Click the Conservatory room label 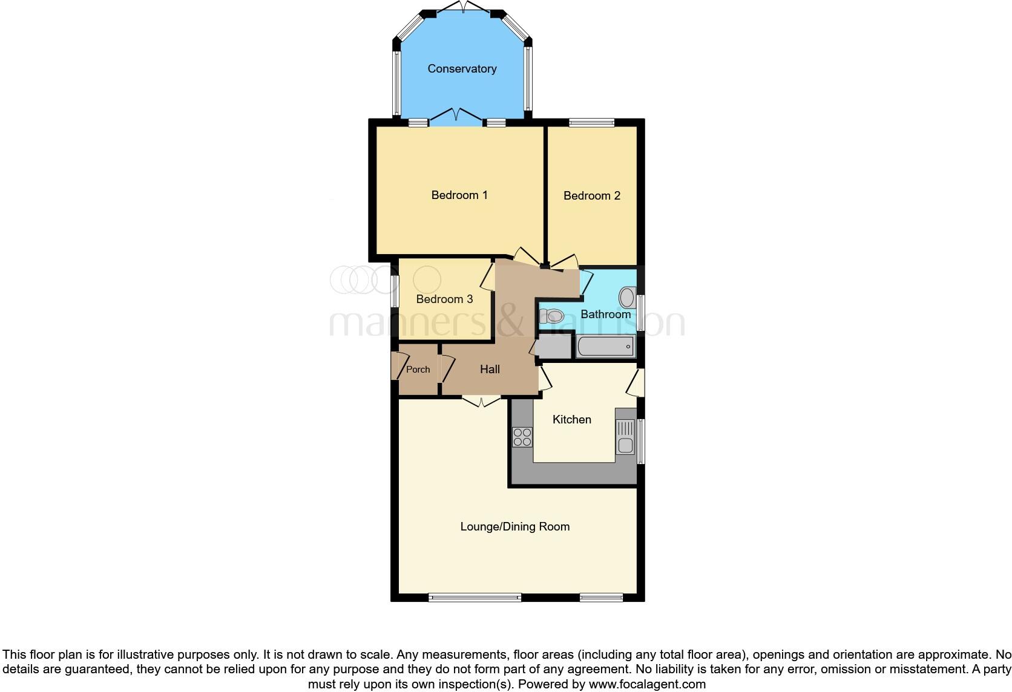tap(462, 69)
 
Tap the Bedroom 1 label tap(459, 195)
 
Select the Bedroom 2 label tap(591, 195)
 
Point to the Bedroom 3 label tap(444, 299)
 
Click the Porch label tap(418, 369)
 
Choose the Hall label tap(490, 369)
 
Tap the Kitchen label tap(571, 419)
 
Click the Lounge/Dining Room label tap(514, 526)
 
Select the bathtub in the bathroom tap(605, 347)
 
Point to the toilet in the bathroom tap(552, 316)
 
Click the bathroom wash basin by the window tap(627, 298)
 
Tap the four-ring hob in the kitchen tap(522, 437)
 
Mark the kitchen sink tap(625, 437)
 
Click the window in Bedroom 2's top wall tap(591, 123)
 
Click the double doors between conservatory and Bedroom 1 tap(457, 116)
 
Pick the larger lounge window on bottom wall tap(475, 598)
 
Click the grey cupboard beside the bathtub tap(554, 347)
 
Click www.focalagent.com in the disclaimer tap(647, 684)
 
